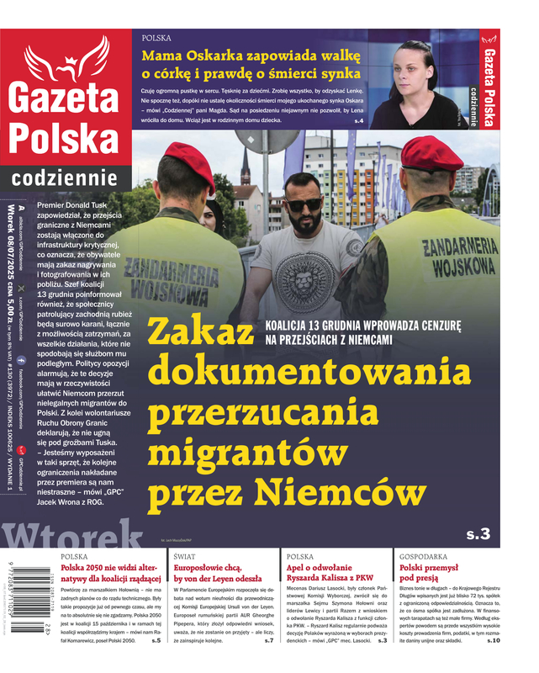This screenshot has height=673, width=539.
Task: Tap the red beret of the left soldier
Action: point(189,157)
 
